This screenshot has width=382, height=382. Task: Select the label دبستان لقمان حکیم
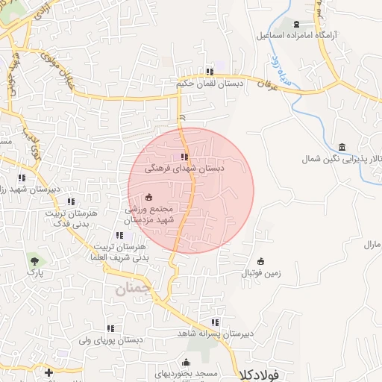pos(210,84)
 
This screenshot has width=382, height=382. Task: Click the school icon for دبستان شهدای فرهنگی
pos(184,157)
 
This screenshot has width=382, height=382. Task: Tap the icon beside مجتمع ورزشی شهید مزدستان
pos(148,197)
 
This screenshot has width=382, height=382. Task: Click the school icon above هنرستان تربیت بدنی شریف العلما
pos(119,235)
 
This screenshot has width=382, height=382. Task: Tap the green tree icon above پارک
pos(34,260)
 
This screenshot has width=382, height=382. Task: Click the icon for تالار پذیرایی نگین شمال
pos(341,145)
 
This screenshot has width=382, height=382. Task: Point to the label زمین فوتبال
pos(260,273)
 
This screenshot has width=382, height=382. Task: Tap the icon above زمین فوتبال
pos(260,261)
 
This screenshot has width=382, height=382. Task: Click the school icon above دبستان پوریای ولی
pos(110,328)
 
